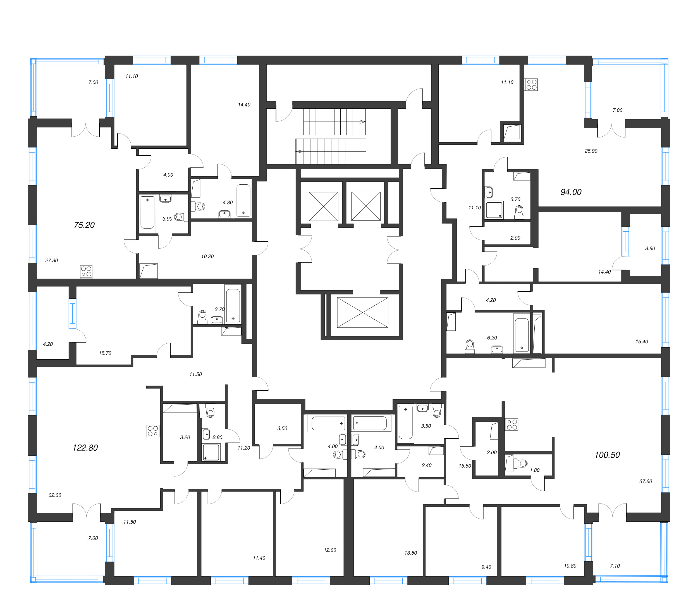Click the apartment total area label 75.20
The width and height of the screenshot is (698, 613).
pos(84,225)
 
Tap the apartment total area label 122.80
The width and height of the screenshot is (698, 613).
pos(85,448)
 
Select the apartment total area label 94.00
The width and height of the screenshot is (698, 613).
pos(571,192)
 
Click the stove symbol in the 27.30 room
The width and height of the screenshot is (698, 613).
pos(86,272)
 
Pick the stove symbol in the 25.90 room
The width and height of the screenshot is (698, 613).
pos(531,84)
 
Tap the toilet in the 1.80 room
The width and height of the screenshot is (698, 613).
pos(522,464)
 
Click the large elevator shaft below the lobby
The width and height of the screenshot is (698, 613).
pos(362,313)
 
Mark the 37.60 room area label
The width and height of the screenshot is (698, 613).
pos(646,481)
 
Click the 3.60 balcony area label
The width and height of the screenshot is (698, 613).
pos(650,248)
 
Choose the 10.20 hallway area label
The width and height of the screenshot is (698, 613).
pos(207,256)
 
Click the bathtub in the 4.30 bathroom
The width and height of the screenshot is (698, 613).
pos(243,199)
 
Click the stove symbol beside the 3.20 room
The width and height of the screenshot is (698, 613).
pos(153,431)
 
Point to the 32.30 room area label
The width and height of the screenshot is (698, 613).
pos(55,495)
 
